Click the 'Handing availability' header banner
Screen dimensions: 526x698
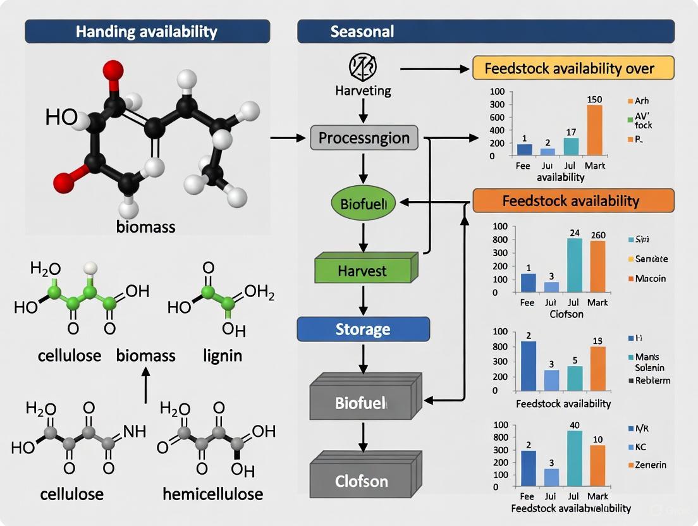(147, 31)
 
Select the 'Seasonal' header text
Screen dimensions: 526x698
(362, 31)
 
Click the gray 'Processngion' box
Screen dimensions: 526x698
(364, 138)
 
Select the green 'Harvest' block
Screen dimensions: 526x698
(362, 271)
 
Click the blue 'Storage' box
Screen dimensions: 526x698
(363, 329)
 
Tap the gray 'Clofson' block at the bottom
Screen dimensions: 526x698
(363, 481)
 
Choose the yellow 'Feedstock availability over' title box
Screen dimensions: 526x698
(573, 68)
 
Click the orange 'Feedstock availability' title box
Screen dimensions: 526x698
(573, 201)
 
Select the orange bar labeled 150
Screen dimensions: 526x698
(594, 130)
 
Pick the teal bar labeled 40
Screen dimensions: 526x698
(574, 456)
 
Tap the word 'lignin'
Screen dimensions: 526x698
(223, 355)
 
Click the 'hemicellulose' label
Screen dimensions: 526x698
(212, 493)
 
